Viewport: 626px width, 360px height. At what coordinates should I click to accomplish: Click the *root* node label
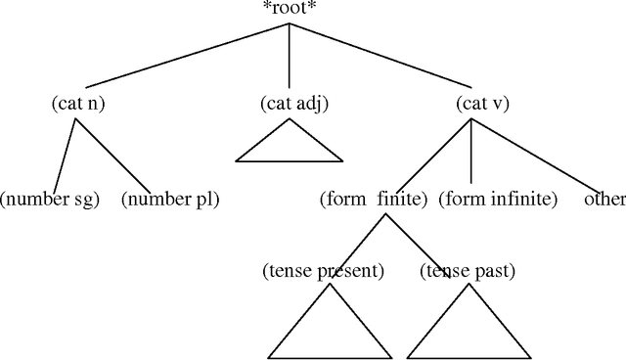(290, 10)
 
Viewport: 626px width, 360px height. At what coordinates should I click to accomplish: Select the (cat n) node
(78, 103)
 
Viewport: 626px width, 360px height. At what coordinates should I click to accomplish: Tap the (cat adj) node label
(290, 103)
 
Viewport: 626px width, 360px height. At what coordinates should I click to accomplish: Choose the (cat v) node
(470, 103)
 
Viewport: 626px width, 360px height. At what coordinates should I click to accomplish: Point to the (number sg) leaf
(50, 200)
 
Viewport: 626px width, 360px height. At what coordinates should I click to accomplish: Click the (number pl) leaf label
(170, 200)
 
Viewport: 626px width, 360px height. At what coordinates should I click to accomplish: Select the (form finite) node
(374, 200)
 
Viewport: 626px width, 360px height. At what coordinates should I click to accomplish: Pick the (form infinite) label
(498, 200)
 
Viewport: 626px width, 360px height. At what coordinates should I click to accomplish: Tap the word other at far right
(604, 200)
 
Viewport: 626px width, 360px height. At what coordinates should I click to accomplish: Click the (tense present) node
(323, 270)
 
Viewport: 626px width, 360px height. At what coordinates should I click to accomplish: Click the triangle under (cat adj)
(290, 145)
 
